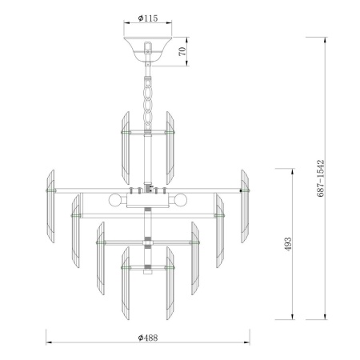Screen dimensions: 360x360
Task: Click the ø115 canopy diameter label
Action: click(146, 17)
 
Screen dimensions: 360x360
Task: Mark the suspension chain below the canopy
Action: click(147, 96)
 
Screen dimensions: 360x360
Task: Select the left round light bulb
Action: click(116, 200)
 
